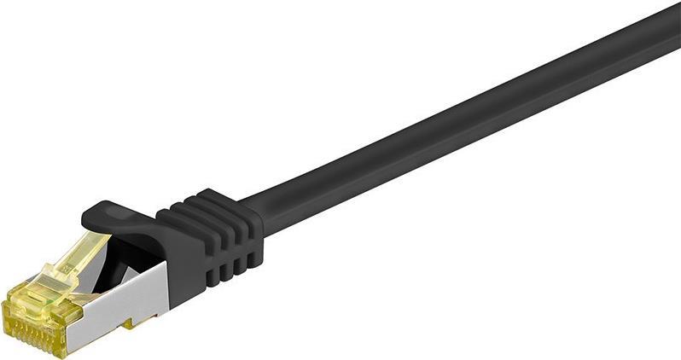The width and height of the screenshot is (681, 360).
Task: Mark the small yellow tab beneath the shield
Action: pyautogui.click(x=132, y=322)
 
